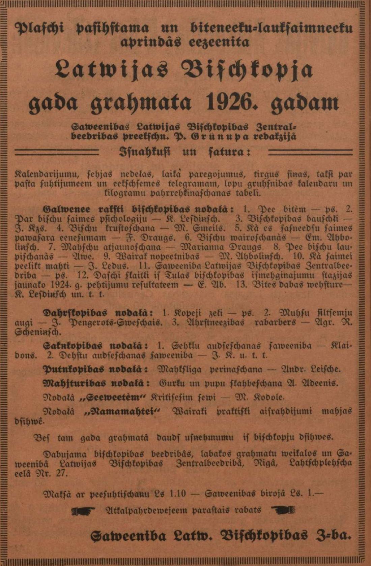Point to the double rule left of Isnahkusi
tap(57, 153)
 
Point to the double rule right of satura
tap(310, 153)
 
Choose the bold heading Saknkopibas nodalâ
tap(96, 346)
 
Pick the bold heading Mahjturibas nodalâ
tap(96, 383)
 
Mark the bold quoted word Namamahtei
tap(122, 412)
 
